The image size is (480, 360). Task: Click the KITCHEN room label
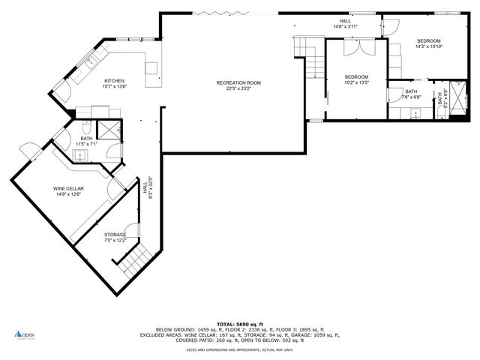[114, 81]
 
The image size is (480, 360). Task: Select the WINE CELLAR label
[67, 188]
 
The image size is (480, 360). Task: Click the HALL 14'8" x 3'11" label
[345, 23]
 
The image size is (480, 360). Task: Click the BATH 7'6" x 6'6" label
[411, 94]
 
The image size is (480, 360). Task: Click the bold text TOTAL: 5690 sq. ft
[239, 323]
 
